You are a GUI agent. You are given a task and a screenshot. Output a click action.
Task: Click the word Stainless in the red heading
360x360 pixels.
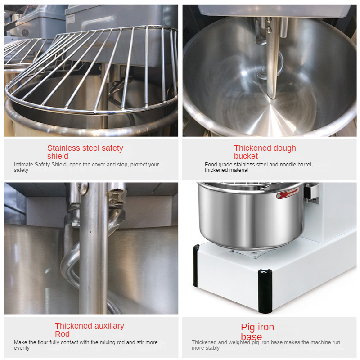63,148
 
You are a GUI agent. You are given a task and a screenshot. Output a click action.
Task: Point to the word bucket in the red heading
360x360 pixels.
246,156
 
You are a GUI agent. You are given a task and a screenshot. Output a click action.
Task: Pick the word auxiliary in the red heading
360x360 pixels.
107,326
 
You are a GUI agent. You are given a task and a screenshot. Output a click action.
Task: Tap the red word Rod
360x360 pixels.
62,334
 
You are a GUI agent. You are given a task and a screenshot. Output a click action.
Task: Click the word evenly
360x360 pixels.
22,348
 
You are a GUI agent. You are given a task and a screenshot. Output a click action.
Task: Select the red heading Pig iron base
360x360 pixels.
257,332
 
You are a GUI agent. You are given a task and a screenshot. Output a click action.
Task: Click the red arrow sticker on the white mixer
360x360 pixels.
287,194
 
